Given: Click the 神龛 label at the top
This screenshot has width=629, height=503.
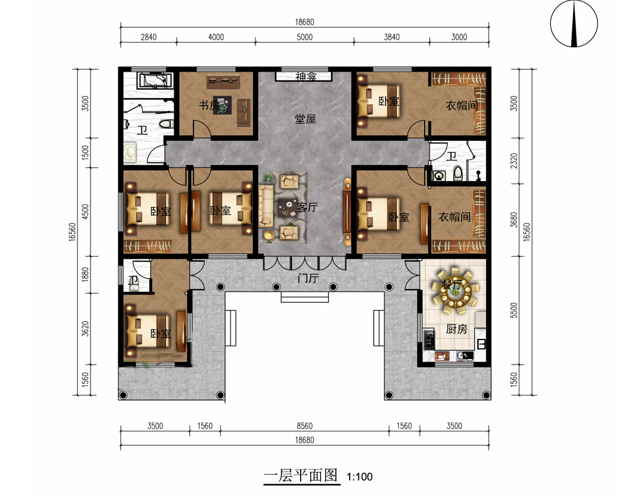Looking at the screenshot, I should click(306, 77).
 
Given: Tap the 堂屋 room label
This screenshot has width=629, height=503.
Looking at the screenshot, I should click(306, 119).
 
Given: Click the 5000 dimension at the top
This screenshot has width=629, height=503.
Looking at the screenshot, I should click(304, 37).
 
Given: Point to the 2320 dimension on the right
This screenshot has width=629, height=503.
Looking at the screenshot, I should click(514, 160).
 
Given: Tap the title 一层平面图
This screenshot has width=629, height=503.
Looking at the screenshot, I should click(301, 476).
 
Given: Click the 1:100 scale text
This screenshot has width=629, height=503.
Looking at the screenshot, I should click(359, 477).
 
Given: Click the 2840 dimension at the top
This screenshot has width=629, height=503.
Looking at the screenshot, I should click(148, 37).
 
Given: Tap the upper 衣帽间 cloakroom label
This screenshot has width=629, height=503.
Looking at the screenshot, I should click(462, 106).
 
